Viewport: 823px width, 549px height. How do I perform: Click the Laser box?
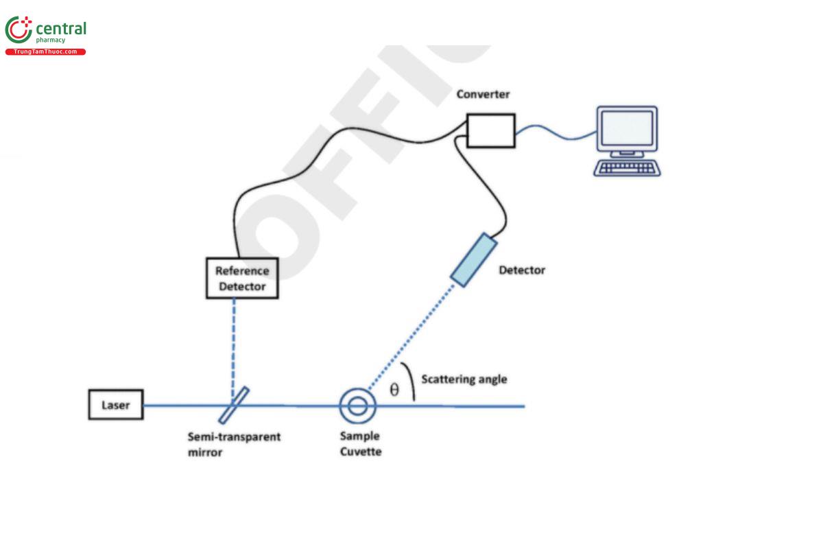click(x=116, y=405)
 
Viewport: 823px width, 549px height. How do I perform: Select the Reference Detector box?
click(x=242, y=278)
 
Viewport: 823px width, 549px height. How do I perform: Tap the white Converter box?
click(x=490, y=130)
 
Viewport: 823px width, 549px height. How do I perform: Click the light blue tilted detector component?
click(x=473, y=259)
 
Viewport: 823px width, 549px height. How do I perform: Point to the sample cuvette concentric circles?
click(x=357, y=406)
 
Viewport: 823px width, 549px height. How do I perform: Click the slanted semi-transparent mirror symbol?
click(x=234, y=405)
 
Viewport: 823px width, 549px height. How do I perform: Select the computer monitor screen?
click(x=626, y=129)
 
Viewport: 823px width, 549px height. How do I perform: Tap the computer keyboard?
click(x=627, y=168)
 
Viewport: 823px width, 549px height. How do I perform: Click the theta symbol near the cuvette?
click(x=394, y=390)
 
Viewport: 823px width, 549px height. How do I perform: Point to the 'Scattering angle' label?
click(x=464, y=379)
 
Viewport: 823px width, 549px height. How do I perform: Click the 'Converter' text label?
click(x=484, y=94)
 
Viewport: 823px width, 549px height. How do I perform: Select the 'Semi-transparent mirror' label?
click(x=234, y=445)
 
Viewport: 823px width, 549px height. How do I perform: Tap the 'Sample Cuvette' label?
click(x=360, y=443)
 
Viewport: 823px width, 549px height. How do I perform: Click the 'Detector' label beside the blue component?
click(x=522, y=270)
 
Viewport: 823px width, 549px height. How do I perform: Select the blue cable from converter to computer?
click(x=556, y=134)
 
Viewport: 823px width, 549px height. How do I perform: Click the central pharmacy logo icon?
click(x=19, y=31)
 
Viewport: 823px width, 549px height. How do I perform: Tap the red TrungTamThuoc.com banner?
click(x=45, y=52)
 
